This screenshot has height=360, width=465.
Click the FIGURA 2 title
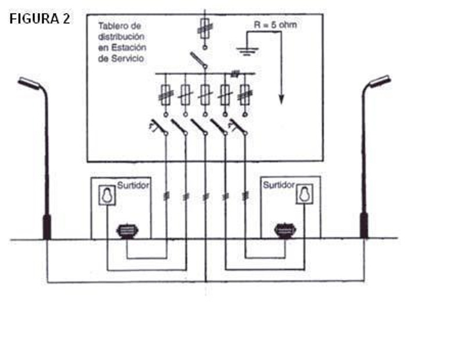tap(40, 19)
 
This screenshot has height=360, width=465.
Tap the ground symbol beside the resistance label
tap(246, 51)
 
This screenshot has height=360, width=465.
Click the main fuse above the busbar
tap(205, 26)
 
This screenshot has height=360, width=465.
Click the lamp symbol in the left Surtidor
tap(106, 195)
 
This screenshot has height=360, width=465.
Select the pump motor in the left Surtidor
tap(127, 231)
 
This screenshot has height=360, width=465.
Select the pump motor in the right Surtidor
tap(285, 231)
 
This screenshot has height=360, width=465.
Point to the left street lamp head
tap(28, 84)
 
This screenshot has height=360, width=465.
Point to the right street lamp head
tap(380, 81)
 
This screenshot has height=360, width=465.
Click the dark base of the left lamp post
tap(46, 226)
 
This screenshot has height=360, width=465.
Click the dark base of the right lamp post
tap(364, 226)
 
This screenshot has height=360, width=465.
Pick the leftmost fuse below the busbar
tap(166, 93)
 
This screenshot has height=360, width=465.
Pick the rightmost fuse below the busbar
tap(245, 93)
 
